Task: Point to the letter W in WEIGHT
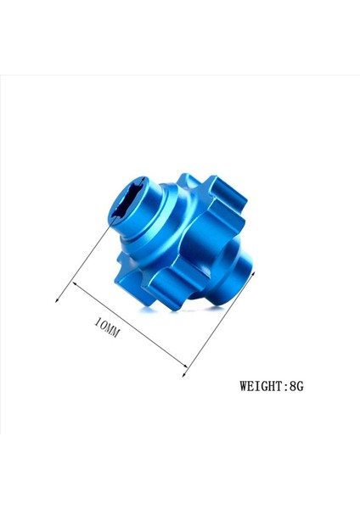[x=245, y=386]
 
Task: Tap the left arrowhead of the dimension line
[x=58, y=298]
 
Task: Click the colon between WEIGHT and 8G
[x=284, y=387]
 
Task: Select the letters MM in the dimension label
[x=113, y=331]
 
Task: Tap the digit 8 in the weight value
[x=291, y=386]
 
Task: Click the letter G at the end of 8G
[x=300, y=386]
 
